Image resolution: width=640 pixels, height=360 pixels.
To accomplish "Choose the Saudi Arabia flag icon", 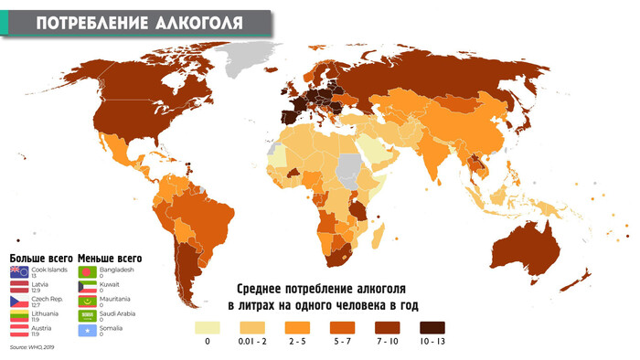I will [86, 315].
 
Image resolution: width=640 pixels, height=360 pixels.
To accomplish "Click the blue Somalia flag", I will [86, 329].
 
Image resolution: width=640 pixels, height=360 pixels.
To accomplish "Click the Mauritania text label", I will [115, 298].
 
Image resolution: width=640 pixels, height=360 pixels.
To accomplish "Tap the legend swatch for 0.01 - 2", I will [253, 326].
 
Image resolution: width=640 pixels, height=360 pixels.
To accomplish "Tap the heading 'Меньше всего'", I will [110, 259].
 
